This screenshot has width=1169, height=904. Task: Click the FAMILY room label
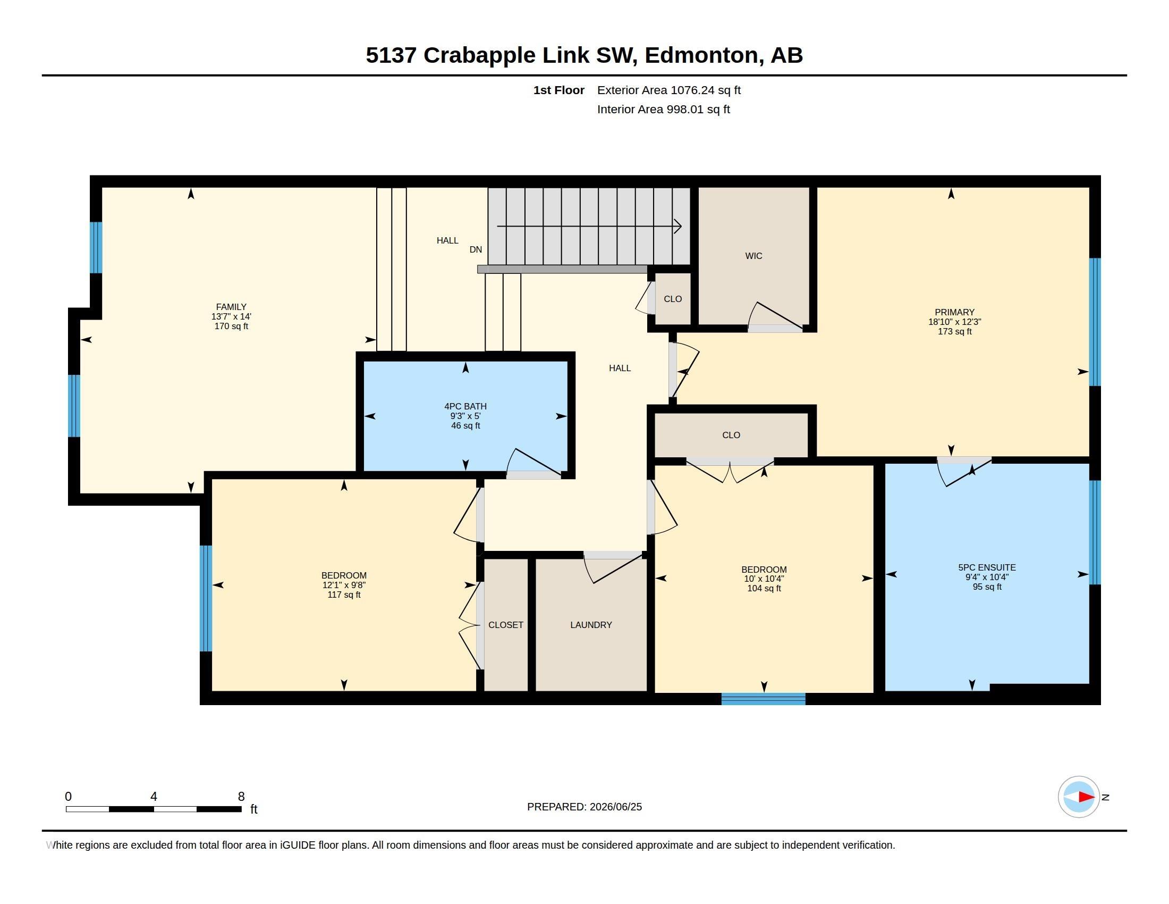(x=231, y=307)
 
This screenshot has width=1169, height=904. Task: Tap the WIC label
(x=753, y=256)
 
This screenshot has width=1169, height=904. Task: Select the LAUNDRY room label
(x=591, y=625)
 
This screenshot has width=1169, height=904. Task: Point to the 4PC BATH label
(x=465, y=406)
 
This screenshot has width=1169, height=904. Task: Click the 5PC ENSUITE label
(x=987, y=568)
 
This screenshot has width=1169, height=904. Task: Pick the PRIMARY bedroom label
(x=954, y=312)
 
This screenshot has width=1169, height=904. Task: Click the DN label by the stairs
(x=476, y=249)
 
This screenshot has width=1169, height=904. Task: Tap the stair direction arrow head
(x=677, y=227)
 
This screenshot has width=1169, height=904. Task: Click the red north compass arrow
(x=1086, y=797)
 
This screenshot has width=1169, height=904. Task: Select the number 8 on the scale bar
(x=241, y=797)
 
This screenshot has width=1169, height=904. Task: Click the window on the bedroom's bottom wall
(x=763, y=698)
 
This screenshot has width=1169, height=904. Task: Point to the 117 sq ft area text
(x=344, y=595)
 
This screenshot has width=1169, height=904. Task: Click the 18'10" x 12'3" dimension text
(x=954, y=322)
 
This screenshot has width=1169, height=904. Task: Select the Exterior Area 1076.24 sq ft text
(x=668, y=90)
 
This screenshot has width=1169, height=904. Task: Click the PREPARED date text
(x=584, y=807)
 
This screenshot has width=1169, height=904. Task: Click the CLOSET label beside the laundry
(x=506, y=625)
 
